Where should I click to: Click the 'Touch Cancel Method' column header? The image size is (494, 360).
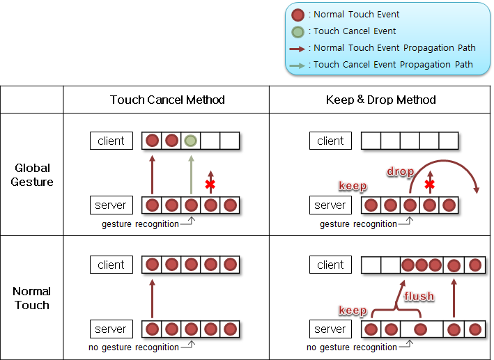[167, 100]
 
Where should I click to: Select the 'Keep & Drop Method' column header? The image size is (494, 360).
[380, 100]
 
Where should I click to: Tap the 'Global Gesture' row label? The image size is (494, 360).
[32, 175]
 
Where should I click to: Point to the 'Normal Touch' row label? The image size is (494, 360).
[32, 298]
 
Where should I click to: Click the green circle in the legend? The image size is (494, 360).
[298, 31]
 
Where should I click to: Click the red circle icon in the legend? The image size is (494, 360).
[298, 15]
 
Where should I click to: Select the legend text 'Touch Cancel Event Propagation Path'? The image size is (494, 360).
[393, 65]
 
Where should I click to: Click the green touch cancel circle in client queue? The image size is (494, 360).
[191, 141]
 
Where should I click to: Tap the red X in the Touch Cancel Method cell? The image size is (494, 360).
[210, 184]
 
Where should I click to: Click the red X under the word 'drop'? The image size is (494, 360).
[430, 184]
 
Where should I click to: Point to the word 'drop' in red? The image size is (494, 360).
[401, 171]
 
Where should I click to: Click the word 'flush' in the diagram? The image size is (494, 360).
[420, 297]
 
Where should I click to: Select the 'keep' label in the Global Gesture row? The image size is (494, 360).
[353, 186]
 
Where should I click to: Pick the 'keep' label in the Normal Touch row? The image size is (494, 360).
[353, 309]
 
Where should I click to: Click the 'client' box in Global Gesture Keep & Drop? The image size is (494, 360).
[330, 141]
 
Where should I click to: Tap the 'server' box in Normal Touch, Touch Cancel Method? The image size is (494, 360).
[111, 329]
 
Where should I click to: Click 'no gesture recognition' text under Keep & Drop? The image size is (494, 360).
[351, 347]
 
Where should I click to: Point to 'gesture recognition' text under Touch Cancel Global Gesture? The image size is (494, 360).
[139, 224]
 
